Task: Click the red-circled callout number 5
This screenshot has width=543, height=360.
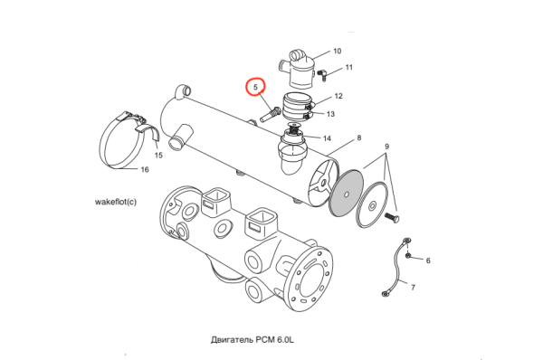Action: pyautogui.click(x=255, y=87)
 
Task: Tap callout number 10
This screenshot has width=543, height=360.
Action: pyautogui.click(x=337, y=52)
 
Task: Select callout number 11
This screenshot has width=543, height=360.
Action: pyautogui.click(x=348, y=67)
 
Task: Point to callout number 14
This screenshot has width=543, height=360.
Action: pyautogui.click(x=327, y=138)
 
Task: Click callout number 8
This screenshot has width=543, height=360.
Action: pyautogui.click(x=359, y=137)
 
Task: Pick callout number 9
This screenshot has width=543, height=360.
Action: pyautogui.click(x=386, y=147)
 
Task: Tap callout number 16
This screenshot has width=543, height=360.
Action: pyautogui.click(x=145, y=169)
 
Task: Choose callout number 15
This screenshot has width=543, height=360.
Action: pyautogui.click(x=158, y=155)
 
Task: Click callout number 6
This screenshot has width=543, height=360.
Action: pyautogui.click(x=428, y=261)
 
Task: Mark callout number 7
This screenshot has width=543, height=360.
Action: pyautogui.click(x=414, y=288)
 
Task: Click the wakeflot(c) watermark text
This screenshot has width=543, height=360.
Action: pyautogui.click(x=116, y=202)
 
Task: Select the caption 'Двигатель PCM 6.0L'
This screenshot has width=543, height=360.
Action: pyautogui.click(x=252, y=339)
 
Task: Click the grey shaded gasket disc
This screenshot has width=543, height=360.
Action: pyautogui.click(x=347, y=193)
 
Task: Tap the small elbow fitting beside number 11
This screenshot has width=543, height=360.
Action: pyautogui.click(x=322, y=74)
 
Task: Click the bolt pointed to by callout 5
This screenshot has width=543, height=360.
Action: pyautogui.click(x=271, y=115)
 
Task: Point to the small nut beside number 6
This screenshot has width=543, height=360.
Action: pyautogui.click(x=408, y=255)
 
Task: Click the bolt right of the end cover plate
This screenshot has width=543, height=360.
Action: pyautogui.click(x=392, y=218)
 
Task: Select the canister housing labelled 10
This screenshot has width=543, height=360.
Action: pyautogui.click(x=297, y=70)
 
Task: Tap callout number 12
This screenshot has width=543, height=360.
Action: pyautogui.click(x=338, y=96)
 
